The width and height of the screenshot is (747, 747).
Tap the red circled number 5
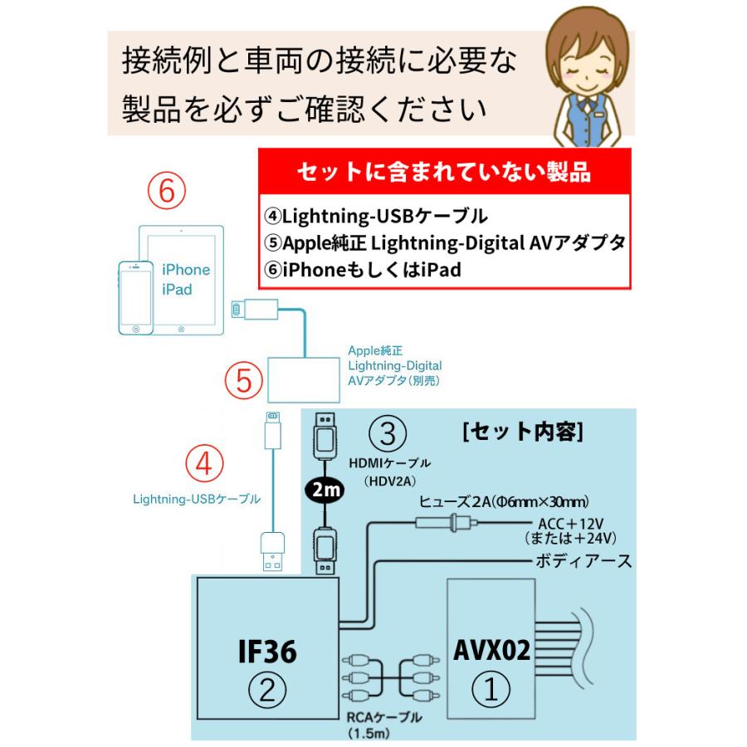click(242, 381)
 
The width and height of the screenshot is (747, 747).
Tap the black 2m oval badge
click(325, 492)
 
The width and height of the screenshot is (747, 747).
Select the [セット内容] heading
click(523, 432)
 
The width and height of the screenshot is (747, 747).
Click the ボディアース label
click(582, 562)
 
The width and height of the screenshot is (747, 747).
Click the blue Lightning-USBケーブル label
click(197, 499)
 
